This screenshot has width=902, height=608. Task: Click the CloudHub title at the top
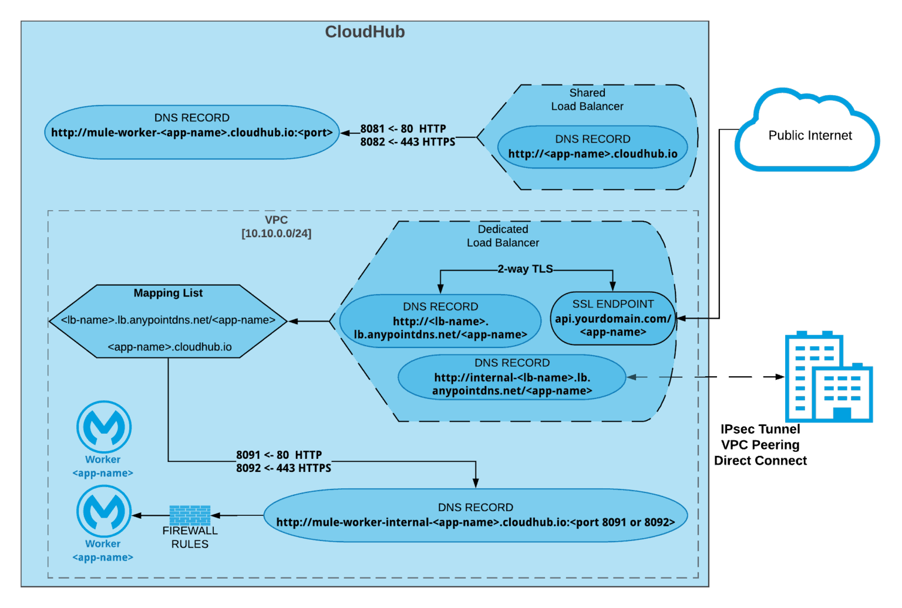click(x=365, y=32)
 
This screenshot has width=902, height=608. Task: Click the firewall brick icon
click(x=190, y=515)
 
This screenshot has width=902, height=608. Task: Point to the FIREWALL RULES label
click(x=190, y=537)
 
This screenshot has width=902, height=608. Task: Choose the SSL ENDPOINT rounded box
click(x=612, y=318)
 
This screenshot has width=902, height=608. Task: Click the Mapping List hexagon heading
click(x=168, y=293)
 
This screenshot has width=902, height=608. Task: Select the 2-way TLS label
click(x=525, y=269)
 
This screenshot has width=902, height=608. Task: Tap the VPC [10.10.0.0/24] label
click(x=276, y=227)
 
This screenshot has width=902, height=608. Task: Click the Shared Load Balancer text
click(x=587, y=100)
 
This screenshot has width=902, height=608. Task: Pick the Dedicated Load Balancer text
click(x=503, y=236)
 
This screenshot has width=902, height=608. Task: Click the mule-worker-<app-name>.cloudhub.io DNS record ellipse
click(x=191, y=132)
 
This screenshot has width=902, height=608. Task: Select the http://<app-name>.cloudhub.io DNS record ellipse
click(x=593, y=147)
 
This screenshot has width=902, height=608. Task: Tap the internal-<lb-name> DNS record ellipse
click(x=512, y=377)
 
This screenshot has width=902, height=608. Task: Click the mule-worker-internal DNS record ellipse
click(x=475, y=515)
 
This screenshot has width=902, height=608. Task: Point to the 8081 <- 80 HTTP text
click(x=403, y=129)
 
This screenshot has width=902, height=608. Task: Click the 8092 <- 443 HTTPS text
click(x=284, y=468)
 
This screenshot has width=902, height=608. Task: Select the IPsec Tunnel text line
click(x=760, y=429)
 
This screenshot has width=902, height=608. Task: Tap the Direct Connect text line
click(x=760, y=461)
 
